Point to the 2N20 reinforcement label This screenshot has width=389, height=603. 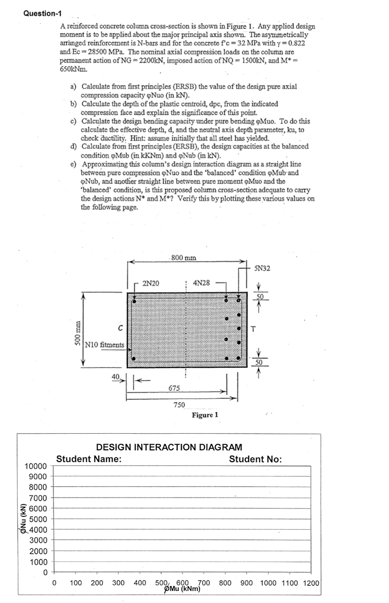point(151,283)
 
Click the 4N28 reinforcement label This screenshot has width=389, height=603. point(201,283)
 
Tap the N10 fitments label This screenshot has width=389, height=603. point(104,344)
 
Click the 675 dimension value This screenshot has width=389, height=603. point(175,388)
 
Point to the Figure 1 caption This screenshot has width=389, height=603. point(205,415)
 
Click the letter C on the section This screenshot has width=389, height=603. point(119,328)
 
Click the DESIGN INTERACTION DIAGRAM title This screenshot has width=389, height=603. point(169,447)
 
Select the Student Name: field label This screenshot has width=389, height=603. point(89,459)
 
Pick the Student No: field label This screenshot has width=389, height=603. point(255,459)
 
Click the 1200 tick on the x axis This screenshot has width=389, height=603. point(311,583)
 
